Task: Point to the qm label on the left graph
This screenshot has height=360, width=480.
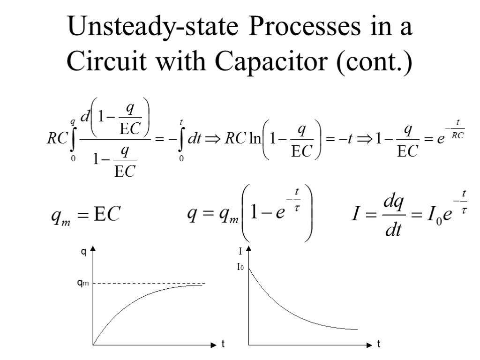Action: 83,283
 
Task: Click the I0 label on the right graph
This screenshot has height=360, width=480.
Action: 240,268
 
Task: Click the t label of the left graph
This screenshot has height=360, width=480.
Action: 223,345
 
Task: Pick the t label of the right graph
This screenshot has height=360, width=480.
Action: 379,345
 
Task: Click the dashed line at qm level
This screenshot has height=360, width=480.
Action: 150,283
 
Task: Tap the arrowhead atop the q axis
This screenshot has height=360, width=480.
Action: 93,248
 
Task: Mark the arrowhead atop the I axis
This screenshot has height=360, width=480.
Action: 249,248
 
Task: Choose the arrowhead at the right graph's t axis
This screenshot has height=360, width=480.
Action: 368,345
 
